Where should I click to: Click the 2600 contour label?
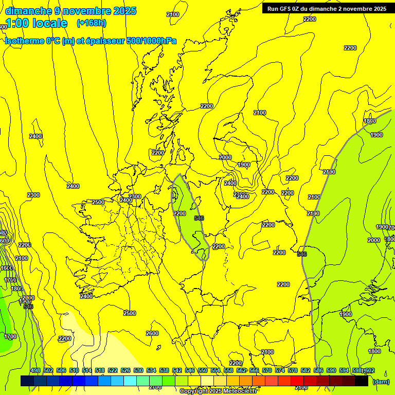(x=152, y=333)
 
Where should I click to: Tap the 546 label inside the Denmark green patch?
(x=199, y=218)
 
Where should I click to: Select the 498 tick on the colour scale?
(x=35, y=370)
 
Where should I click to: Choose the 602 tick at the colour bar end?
(x=370, y=370)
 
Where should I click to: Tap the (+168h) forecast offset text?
(x=92, y=23)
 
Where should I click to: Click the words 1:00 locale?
(x=36, y=23)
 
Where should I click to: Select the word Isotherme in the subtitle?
(x=24, y=41)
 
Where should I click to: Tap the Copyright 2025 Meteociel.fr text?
(x=219, y=391)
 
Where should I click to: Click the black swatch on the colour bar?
(x=362, y=381)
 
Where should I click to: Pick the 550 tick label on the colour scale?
(x=203, y=370)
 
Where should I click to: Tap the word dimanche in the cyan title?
(x=28, y=11)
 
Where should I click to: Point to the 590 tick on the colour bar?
(x=331, y=370)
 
